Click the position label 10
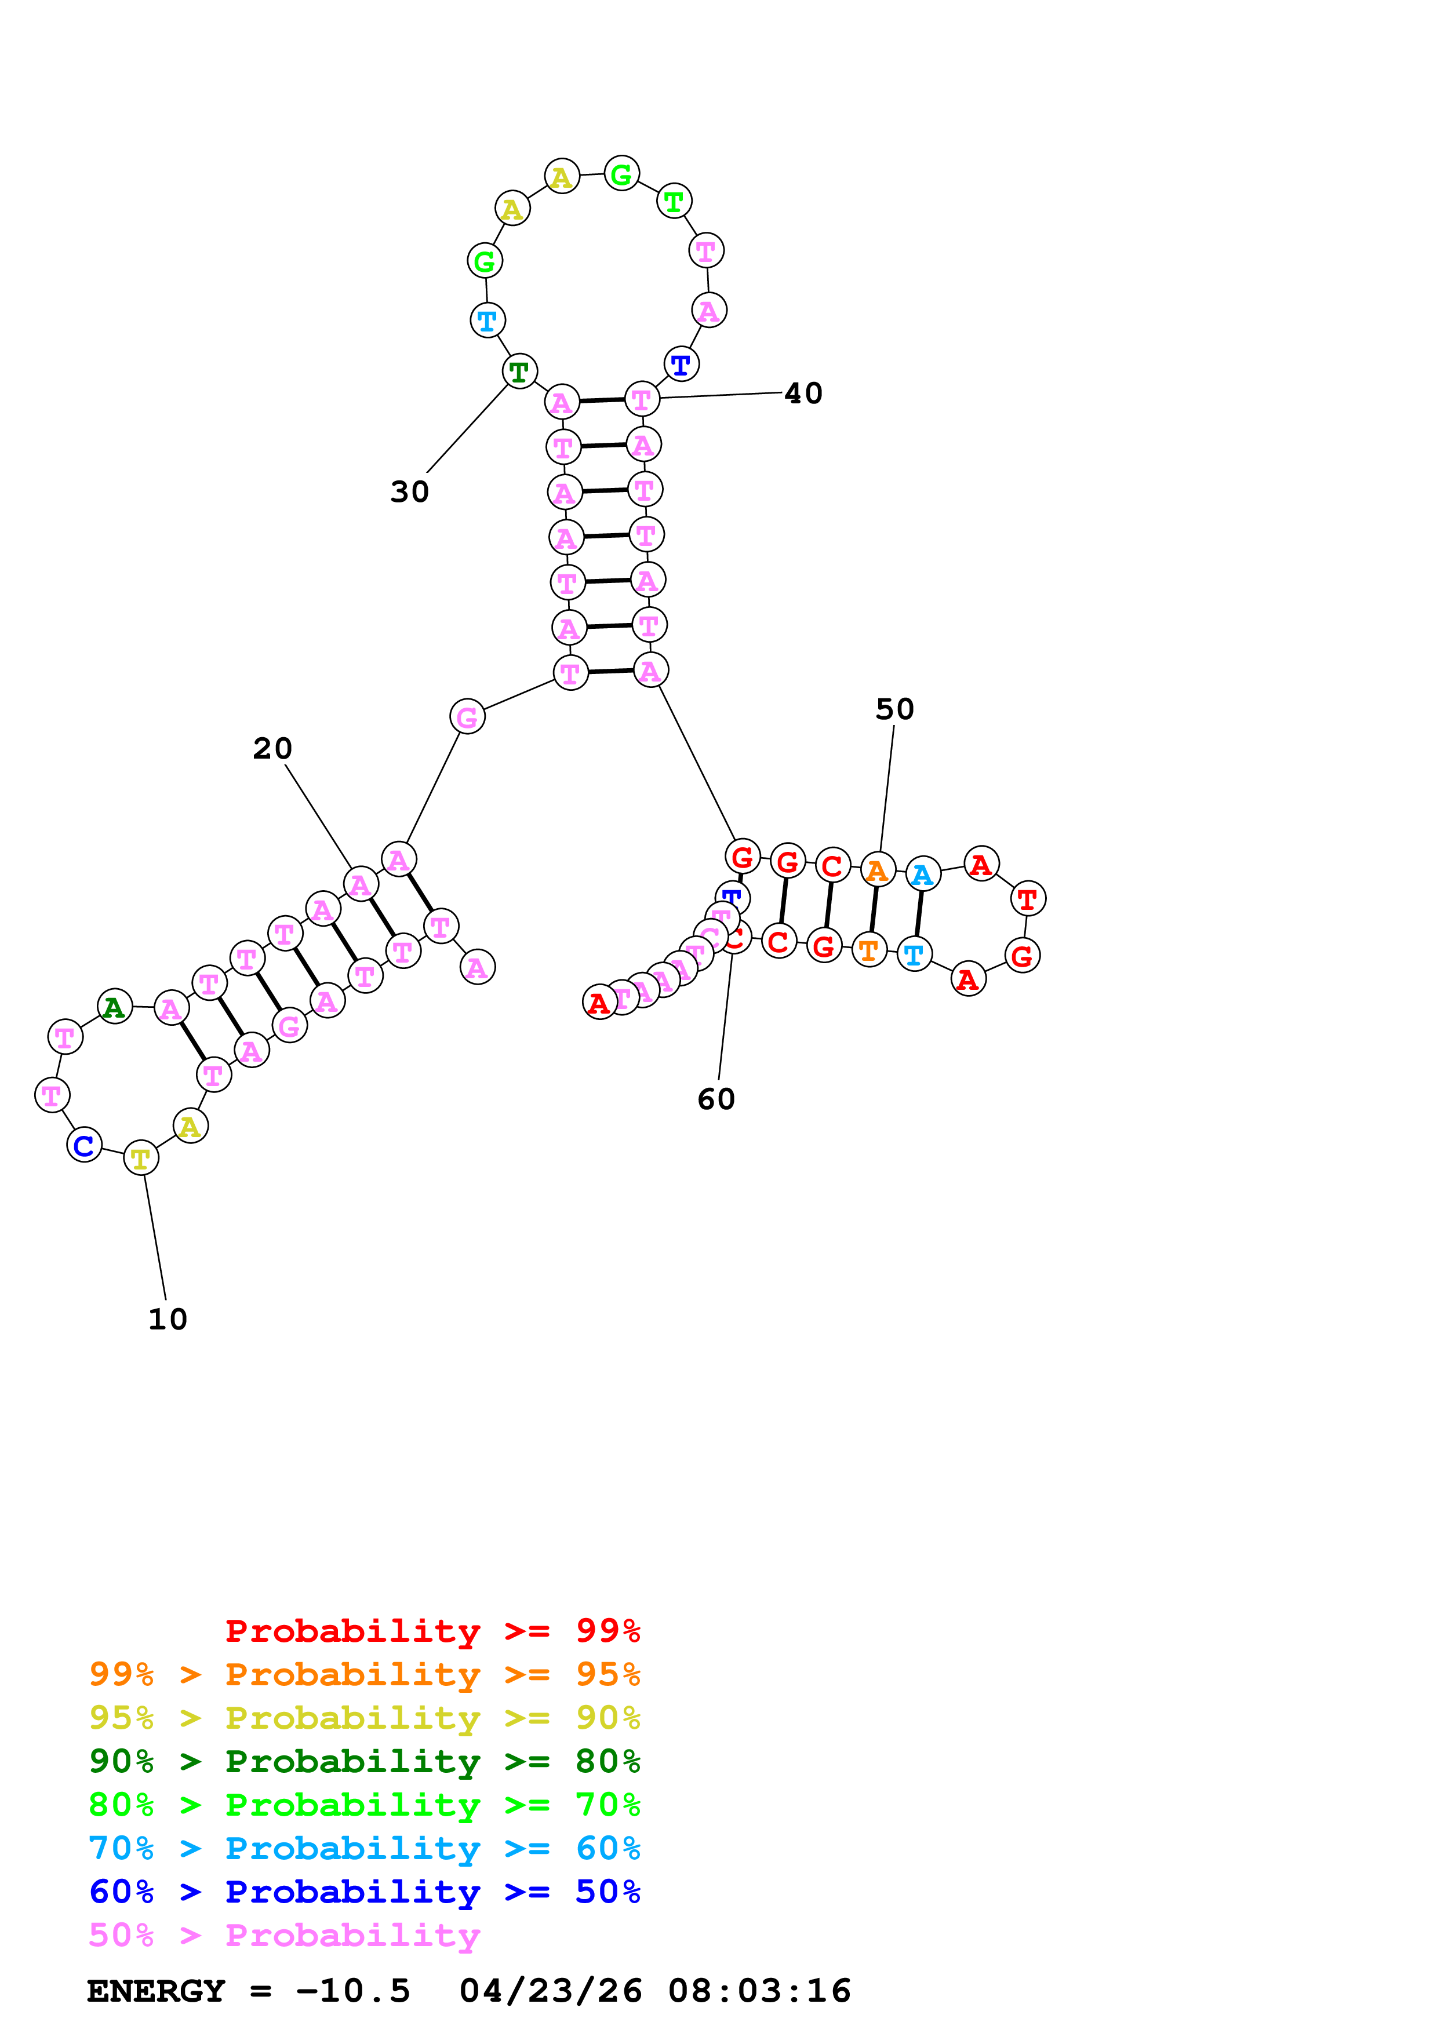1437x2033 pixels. [x=168, y=1320]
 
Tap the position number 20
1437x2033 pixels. [x=272, y=748]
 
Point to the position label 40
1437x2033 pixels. [x=803, y=393]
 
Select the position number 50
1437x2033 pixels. [x=894, y=709]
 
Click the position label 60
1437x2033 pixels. [x=716, y=1099]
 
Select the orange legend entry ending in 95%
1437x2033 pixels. [x=364, y=1674]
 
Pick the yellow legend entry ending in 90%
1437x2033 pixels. [x=364, y=1718]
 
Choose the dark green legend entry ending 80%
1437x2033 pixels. [x=364, y=1761]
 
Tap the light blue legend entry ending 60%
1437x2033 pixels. [x=364, y=1848]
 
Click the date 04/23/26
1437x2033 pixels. [x=551, y=1991]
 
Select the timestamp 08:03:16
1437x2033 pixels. [x=760, y=1991]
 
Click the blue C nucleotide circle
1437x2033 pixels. [x=84, y=1145]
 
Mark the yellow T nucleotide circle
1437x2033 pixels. [x=141, y=1158]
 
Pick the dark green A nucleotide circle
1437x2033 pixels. [x=114, y=1007]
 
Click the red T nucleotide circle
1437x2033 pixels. [x=1027, y=899]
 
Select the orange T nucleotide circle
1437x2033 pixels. [x=868, y=950]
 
